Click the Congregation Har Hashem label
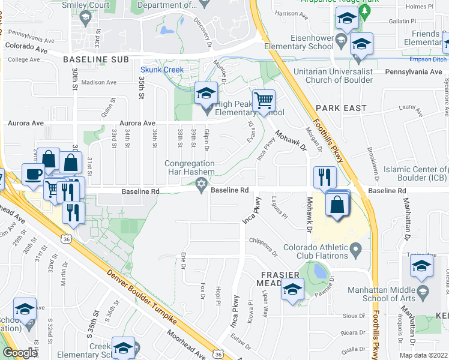point(190,167)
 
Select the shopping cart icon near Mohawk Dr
point(264,101)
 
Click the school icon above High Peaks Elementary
point(206,94)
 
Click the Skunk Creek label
point(158,70)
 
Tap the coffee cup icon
point(32,174)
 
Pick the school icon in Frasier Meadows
point(292,290)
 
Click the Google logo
point(20,353)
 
